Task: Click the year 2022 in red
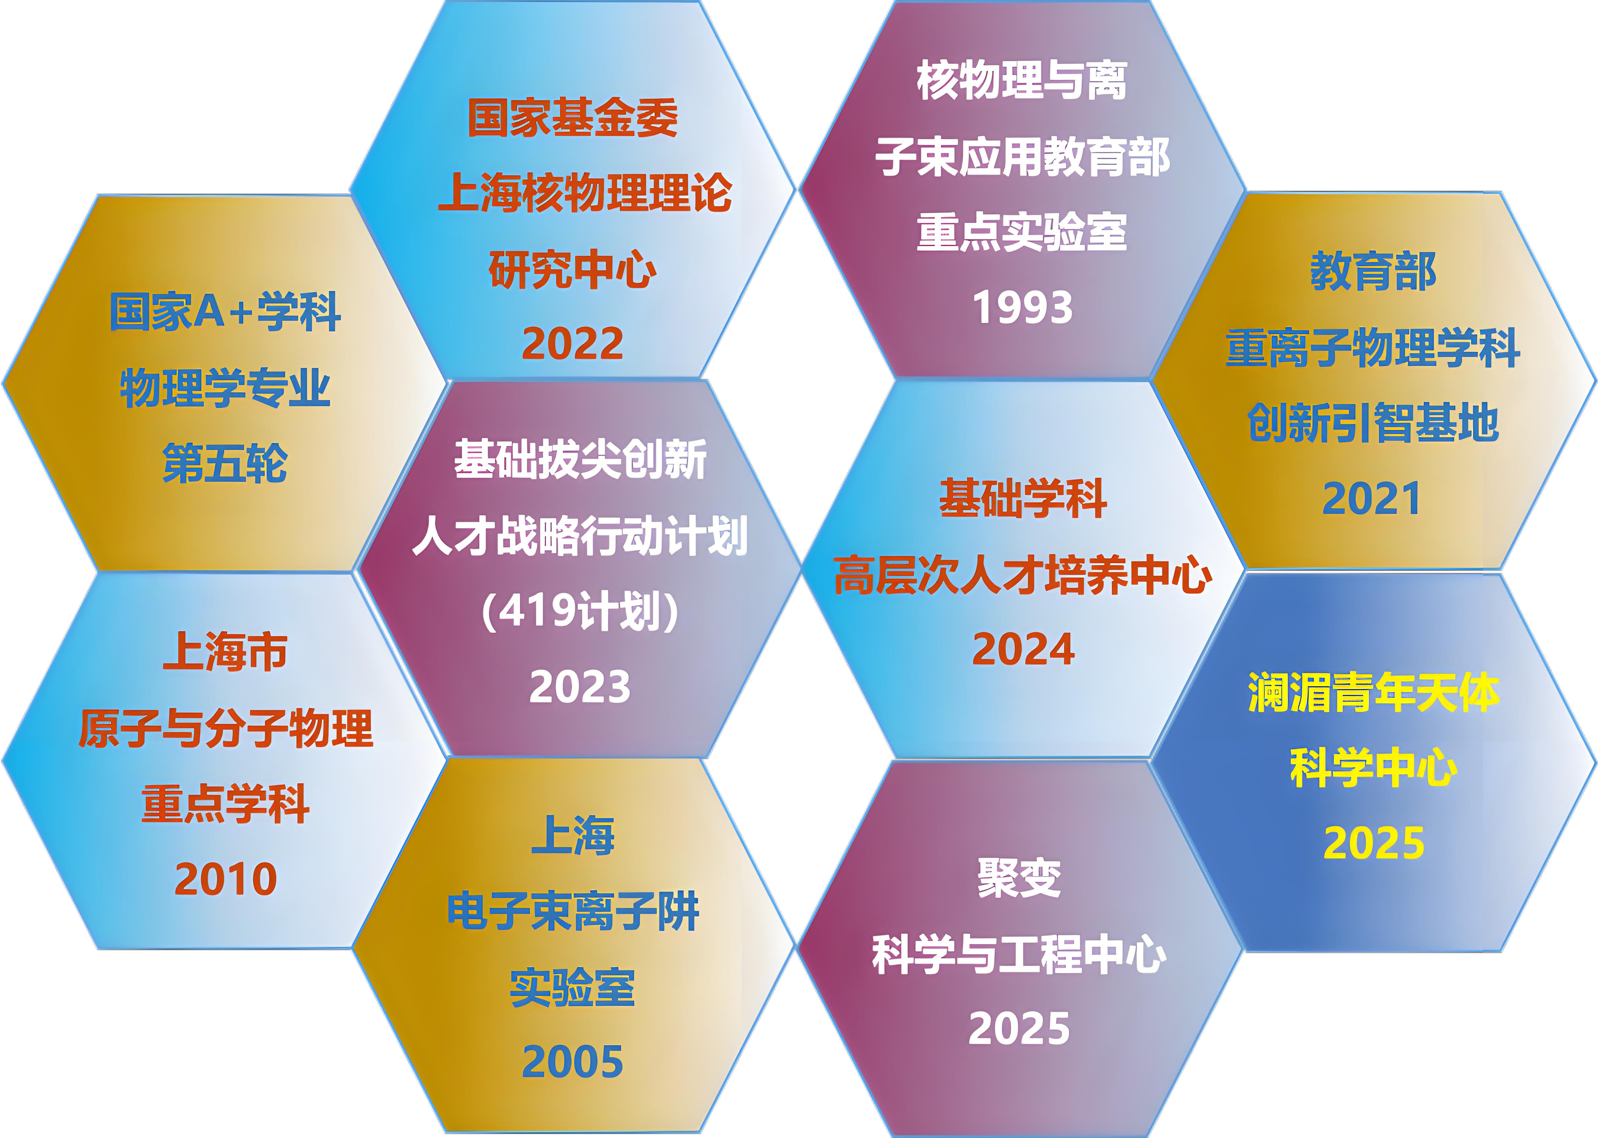[x=573, y=343]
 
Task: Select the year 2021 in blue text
[x=1372, y=498]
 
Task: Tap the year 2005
[x=573, y=1062]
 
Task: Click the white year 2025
[x=1019, y=1028]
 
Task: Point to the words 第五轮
[x=225, y=463]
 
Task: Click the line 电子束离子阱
[x=573, y=911]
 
